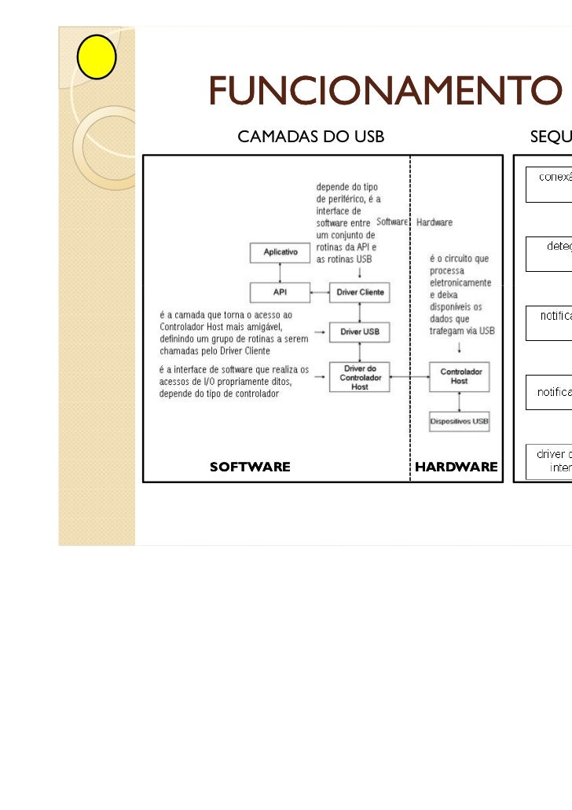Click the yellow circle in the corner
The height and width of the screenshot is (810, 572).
click(x=97, y=57)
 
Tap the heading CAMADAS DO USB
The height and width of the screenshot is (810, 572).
click(x=310, y=137)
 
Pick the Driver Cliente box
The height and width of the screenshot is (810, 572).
click(x=360, y=292)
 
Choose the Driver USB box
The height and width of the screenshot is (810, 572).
click(x=360, y=332)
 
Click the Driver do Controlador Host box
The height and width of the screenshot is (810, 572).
click(x=360, y=378)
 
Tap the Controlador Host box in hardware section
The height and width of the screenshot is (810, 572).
click(x=459, y=376)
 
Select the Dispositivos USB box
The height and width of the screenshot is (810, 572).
click(x=459, y=422)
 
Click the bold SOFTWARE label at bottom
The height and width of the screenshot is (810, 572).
click(x=250, y=467)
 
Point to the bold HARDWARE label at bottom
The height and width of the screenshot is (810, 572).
click(x=456, y=467)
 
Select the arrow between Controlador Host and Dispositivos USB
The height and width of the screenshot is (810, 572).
click(x=459, y=401)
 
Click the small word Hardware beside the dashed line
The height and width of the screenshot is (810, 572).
click(x=434, y=222)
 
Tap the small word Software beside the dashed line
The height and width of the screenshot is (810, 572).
click(x=392, y=222)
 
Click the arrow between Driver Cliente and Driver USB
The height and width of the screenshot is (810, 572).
click(x=360, y=312)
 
